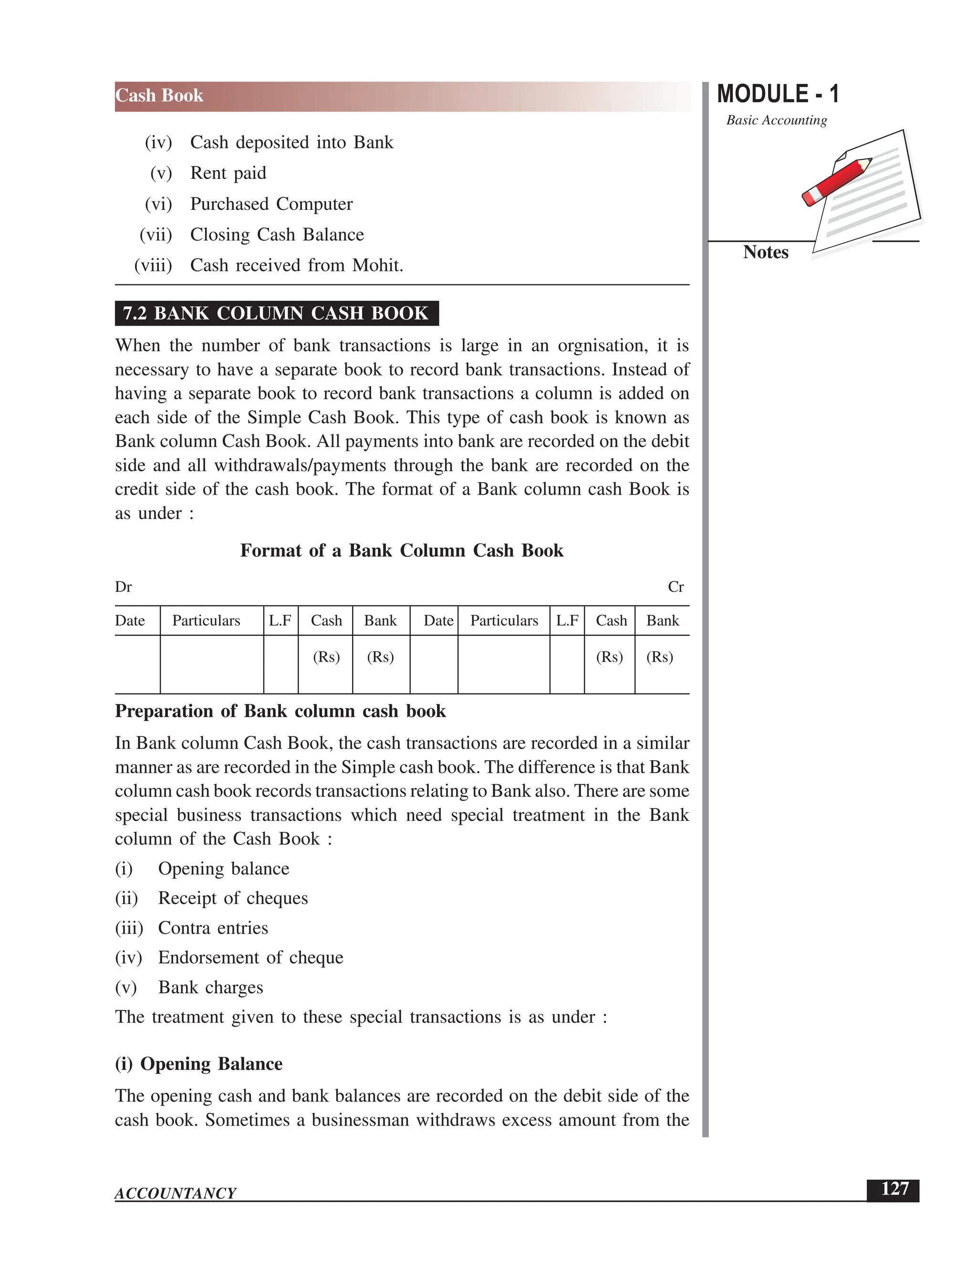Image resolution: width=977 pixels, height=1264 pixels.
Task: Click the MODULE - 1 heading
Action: point(777,94)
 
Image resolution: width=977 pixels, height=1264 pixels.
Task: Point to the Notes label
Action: point(765,252)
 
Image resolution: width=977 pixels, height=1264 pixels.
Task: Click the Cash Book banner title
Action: point(159,95)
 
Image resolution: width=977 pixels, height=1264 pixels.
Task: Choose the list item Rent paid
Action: point(228,173)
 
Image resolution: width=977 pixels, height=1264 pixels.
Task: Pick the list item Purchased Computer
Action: point(271,204)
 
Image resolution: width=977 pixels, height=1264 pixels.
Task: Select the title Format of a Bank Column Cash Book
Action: point(401,550)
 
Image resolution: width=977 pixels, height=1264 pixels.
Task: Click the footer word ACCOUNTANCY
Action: point(176,1193)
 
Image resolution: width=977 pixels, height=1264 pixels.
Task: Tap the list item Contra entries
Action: point(213,928)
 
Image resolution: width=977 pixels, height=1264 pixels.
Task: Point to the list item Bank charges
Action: point(211,987)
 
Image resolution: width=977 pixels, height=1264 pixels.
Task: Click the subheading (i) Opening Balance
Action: point(198,1064)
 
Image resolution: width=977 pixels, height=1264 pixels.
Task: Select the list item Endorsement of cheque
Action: point(250,957)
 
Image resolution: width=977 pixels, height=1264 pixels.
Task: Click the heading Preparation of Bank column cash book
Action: point(280,711)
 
